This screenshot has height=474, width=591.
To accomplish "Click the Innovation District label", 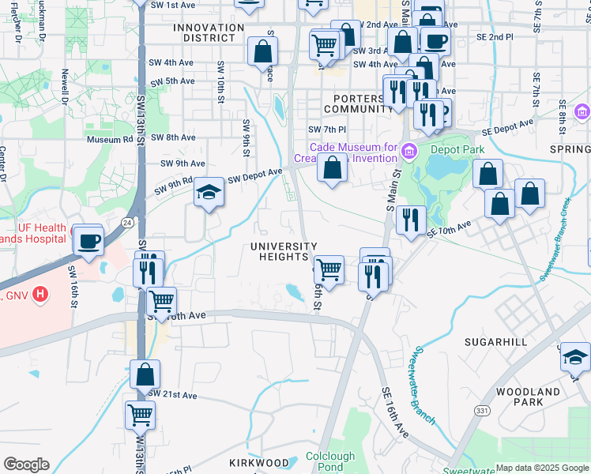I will coord(209,33).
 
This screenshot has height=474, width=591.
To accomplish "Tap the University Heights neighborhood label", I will coord(284,251).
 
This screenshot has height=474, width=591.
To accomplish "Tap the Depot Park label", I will coord(457,149).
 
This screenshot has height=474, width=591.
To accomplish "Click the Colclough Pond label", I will coord(330,461).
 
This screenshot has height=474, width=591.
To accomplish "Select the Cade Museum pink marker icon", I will coord(408,150).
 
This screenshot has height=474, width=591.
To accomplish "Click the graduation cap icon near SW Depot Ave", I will coord(209,192).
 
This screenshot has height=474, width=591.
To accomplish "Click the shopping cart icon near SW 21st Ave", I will coord(140,415).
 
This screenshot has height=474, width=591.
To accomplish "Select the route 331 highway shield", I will coord(481,410).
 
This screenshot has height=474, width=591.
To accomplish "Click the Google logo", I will coord(26,464).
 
